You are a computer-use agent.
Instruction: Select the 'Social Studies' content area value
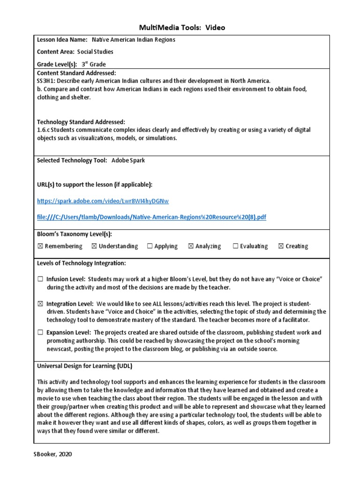(x=95, y=52)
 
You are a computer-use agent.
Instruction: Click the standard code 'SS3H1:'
(x=46, y=81)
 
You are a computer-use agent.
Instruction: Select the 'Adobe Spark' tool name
(x=128, y=160)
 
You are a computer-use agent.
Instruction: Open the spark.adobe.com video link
(x=103, y=201)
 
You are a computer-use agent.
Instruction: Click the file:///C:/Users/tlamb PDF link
(x=151, y=217)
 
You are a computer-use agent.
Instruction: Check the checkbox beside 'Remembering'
(x=40, y=246)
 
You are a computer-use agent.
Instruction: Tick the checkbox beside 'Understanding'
(x=94, y=246)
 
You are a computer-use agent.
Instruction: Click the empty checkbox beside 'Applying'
(x=150, y=246)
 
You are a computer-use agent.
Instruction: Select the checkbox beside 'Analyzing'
(x=191, y=246)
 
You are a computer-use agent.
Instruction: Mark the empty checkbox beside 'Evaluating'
(x=235, y=246)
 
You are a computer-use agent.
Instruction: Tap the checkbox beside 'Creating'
(x=281, y=246)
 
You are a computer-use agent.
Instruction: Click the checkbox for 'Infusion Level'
(x=40, y=279)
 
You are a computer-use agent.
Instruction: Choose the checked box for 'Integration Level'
(x=40, y=304)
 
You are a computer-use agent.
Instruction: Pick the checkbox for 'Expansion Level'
(x=40, y=333)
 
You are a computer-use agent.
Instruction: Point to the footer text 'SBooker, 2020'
(x=53, y=454)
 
